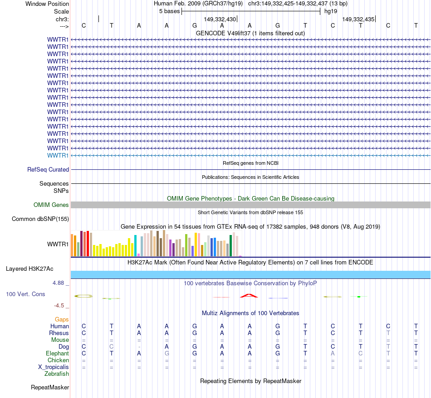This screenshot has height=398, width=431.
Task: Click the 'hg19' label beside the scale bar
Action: coord(330,11)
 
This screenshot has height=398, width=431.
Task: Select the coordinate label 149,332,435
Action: coord(358,19)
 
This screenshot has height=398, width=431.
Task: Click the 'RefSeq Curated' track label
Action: coord(48,170)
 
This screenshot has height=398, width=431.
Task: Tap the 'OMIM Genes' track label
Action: coord(51,205)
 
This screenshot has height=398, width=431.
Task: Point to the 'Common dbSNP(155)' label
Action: coord(40,219)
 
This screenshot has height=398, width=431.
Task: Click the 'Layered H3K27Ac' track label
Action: coord(29,269)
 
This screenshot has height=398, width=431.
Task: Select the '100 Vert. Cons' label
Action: coord(25,294)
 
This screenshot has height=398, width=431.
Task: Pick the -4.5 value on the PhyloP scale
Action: coord(59,306)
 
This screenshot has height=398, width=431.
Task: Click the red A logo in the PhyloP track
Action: coord(249,296)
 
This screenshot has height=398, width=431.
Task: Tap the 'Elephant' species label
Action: coord(58,354)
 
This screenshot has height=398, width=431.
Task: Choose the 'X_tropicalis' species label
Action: coord(54,367)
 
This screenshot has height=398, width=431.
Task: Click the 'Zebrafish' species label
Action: coord(57,374)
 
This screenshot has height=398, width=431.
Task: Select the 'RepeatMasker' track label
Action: coord(50,388)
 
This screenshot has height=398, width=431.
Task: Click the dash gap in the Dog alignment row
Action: coord(139,347)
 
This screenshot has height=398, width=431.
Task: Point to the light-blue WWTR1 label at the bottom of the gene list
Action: coord(58,155)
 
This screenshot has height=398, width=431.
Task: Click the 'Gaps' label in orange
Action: coord(62,320)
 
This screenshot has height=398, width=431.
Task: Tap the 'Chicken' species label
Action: coord(58,360)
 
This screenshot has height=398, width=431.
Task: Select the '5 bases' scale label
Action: coord(169,11)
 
